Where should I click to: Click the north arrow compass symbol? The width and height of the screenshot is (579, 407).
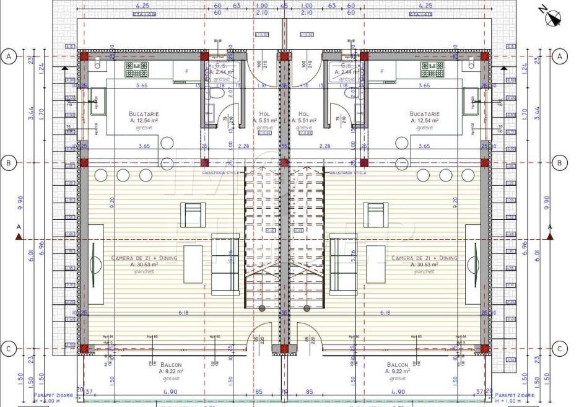tap(551, 17)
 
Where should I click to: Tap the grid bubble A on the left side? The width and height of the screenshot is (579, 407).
tap(9, 56)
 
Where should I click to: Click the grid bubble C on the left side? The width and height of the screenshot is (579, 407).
tap(9, 349)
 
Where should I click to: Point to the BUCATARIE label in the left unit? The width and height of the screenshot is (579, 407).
tap(145, 114)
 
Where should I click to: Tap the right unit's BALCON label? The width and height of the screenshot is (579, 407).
tap(396, 365)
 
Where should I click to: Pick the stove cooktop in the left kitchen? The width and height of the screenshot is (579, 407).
tap(136, 68)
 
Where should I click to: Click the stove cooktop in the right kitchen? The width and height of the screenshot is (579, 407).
tap(432, 68)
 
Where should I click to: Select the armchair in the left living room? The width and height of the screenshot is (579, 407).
tap(192, 214)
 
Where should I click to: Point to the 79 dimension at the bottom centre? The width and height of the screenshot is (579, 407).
tap(284, 392)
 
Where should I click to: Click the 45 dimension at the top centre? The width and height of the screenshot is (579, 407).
tap(284, 6)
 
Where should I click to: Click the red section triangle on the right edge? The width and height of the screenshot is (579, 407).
tap(551, 236)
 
